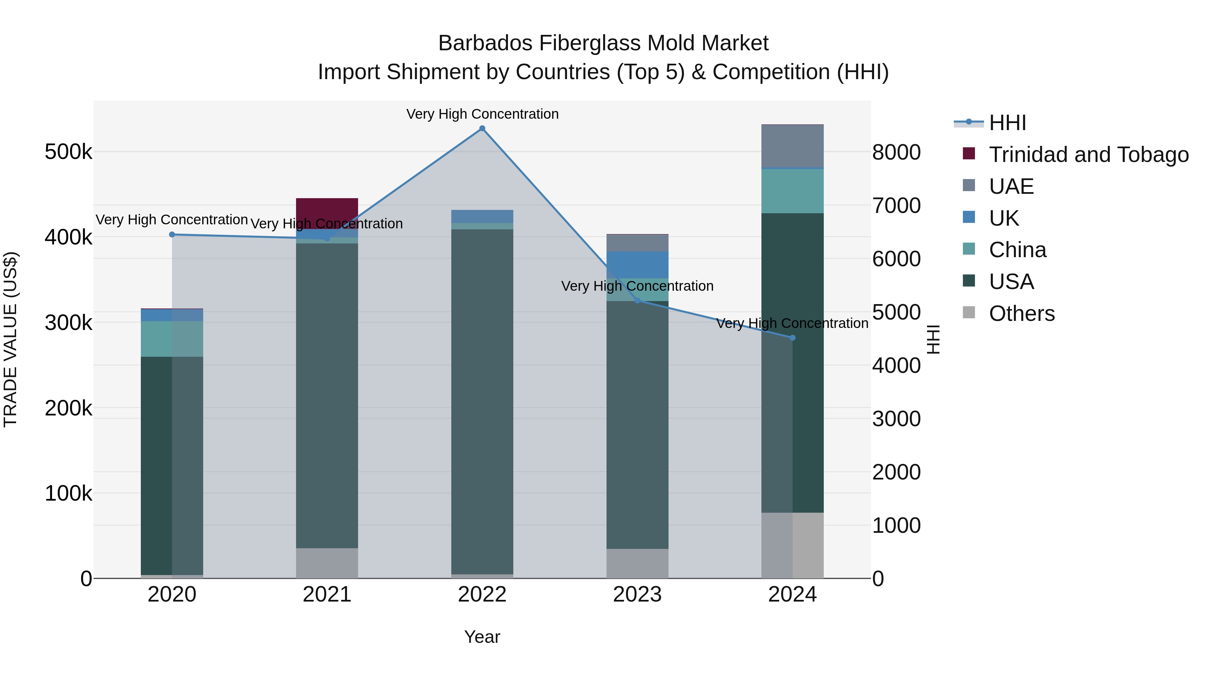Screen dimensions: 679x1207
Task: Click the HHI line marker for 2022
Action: [482, 128]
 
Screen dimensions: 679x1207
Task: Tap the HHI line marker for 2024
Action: [792, 338]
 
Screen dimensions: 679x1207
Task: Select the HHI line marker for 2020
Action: [172, 235]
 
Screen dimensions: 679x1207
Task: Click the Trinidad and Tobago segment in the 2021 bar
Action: [327, 211]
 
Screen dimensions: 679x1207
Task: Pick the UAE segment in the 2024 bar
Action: [792, 146]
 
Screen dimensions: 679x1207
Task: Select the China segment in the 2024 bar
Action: [792, 191]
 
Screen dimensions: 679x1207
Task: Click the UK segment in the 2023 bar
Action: [637, 265]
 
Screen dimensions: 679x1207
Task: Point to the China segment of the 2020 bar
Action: [172, 339]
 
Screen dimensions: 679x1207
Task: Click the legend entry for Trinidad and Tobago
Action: [1088, 155]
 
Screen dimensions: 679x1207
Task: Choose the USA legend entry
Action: [1011, 282]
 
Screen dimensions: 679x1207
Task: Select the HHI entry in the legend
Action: [1008, 123]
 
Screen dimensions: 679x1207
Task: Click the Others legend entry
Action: [1022, 314]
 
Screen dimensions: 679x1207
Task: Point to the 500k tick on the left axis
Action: [68, 152]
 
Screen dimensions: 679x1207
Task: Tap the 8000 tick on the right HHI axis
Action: [896, 152]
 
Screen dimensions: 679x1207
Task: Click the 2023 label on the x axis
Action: [637, 595]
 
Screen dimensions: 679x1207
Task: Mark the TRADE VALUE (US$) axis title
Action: [10, 339]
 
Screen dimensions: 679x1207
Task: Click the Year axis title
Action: [482, 637]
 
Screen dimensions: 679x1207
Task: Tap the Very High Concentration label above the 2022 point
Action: [482, 114]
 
